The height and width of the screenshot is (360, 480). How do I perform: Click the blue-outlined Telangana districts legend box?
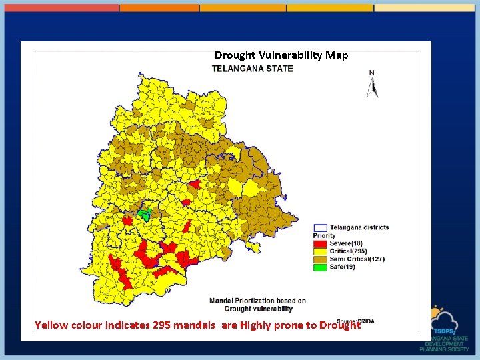point(320,227)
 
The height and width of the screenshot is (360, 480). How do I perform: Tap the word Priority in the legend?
point(324,235)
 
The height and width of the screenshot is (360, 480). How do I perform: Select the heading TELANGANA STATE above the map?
point(253,69)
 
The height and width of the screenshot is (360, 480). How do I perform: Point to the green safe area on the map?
point(143,215)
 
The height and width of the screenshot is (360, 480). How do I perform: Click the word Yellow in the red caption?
point(51,325)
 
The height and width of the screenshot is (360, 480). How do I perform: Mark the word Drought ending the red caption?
point(340,325)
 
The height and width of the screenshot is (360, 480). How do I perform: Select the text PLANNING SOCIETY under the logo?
point(445,349)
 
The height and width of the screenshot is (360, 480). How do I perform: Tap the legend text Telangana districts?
point(359,227)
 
